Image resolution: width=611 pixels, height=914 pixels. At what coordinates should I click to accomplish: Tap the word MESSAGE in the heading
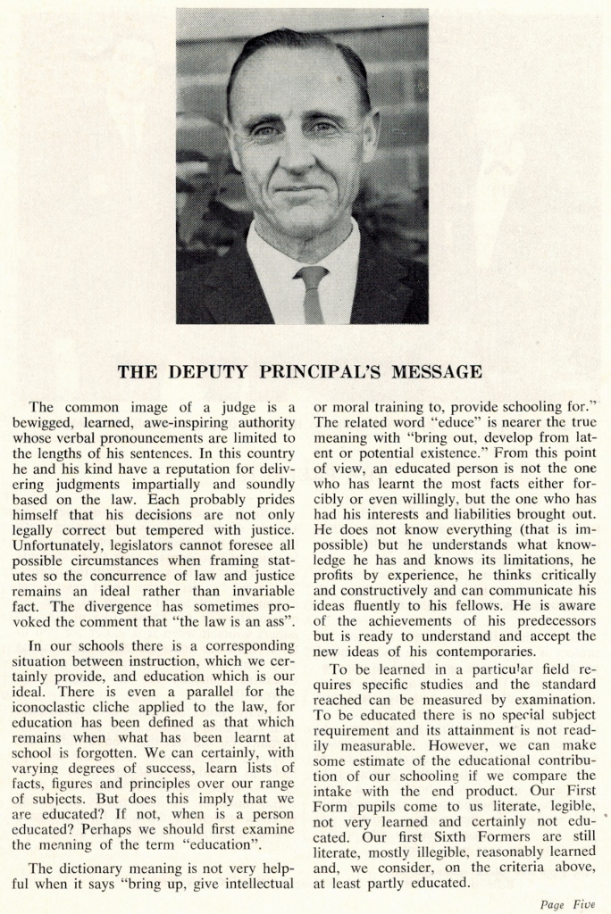tap(437, 371)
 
